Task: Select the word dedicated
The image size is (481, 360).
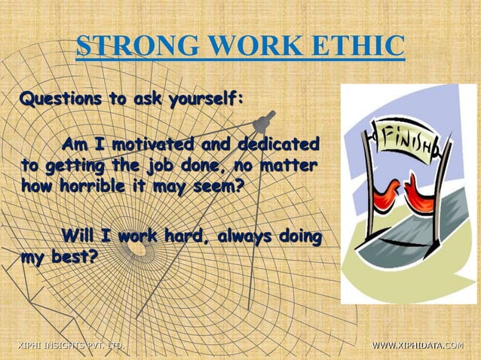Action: pos(278,143)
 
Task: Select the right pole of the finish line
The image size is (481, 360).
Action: pos(446,188)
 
